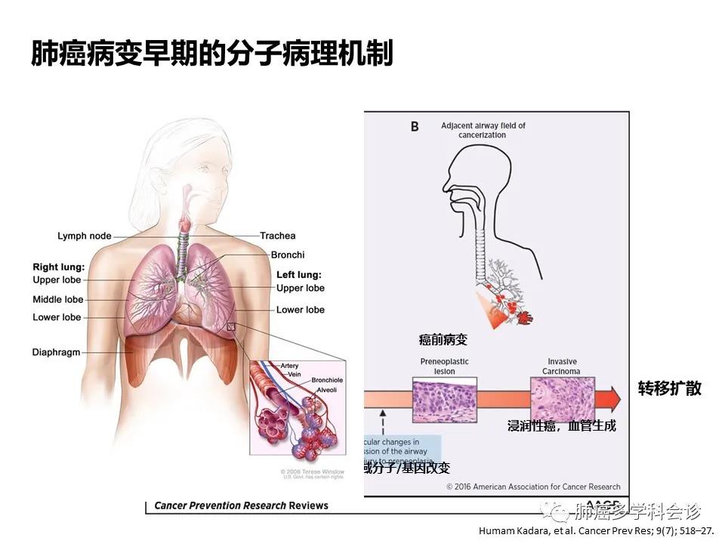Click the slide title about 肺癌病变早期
(x=212, y=54)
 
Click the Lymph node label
(x=84, y=236)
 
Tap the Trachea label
(x=278, y=236)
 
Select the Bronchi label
(x=288, y=255)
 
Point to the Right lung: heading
(x=57, y=267)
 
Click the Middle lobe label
(x=57, y=299)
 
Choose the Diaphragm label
(x=56, y=352)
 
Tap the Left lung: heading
(x=298, y=274)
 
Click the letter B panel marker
(x=414, y=128)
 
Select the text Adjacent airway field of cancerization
(x=483, y=130)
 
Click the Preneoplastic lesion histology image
(x=444, y=400)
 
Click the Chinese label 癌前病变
(x=443, y=340)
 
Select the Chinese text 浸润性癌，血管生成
(x=561, y=426)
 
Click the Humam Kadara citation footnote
(x=597, y=530)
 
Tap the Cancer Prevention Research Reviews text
(x=242, y=505)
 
